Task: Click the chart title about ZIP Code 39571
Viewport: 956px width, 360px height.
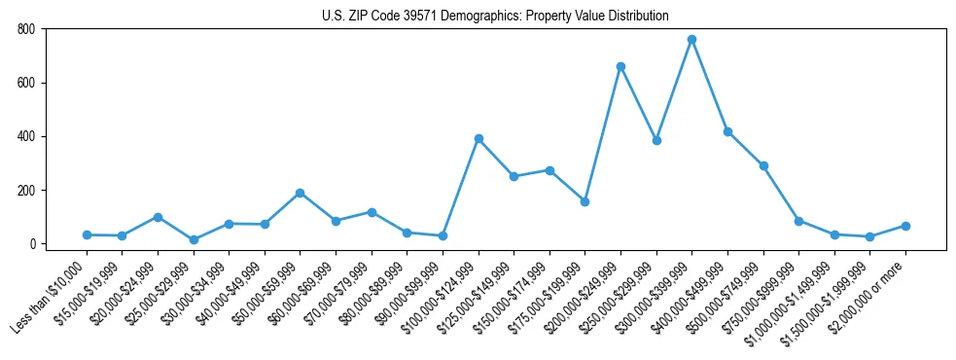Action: pyautogui.click(x=495, y=16)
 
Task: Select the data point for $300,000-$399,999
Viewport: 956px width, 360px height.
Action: pyautogui.click(x=691, y=40)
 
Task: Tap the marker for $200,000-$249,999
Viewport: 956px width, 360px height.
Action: pyautogui.click(x=620, y=66)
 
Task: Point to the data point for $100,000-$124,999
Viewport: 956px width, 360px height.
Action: pyautogui.click(x=478, y=138)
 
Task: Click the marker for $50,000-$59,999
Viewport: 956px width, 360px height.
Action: pyautogui.click(x=300, y=193)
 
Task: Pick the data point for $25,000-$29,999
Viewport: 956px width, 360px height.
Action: pyautogui.click(x=194, y=239)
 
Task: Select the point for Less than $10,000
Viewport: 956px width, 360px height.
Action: pyautogui.click(x=87, y=234)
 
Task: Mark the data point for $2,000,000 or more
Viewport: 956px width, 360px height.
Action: pyautogui.click(x=905, y=226)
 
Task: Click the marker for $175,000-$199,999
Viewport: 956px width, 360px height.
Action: pyautogui.click(x=584, y=201)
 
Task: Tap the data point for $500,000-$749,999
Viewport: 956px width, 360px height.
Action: pyautogui.click(x=763, y=165)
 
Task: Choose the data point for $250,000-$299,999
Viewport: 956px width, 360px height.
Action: pyautogui.click(x=656, y=140)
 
